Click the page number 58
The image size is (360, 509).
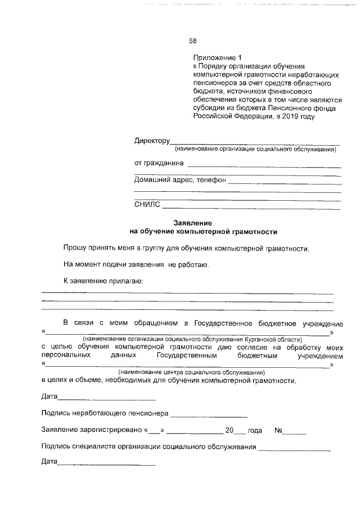click(192, 40)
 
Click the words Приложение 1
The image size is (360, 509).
click(217, 57)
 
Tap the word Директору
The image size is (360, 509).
click(151, 141)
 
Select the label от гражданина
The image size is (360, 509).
click(159, 163)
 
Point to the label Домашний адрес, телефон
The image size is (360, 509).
click(179, 181)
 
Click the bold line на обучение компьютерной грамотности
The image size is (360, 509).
click(203, 231)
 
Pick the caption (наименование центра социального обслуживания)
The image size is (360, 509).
click(191, 373)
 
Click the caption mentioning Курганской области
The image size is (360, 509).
click(192, 340)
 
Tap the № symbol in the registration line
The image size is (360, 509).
click(278, 430)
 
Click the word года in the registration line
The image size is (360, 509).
click(255, 430)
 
